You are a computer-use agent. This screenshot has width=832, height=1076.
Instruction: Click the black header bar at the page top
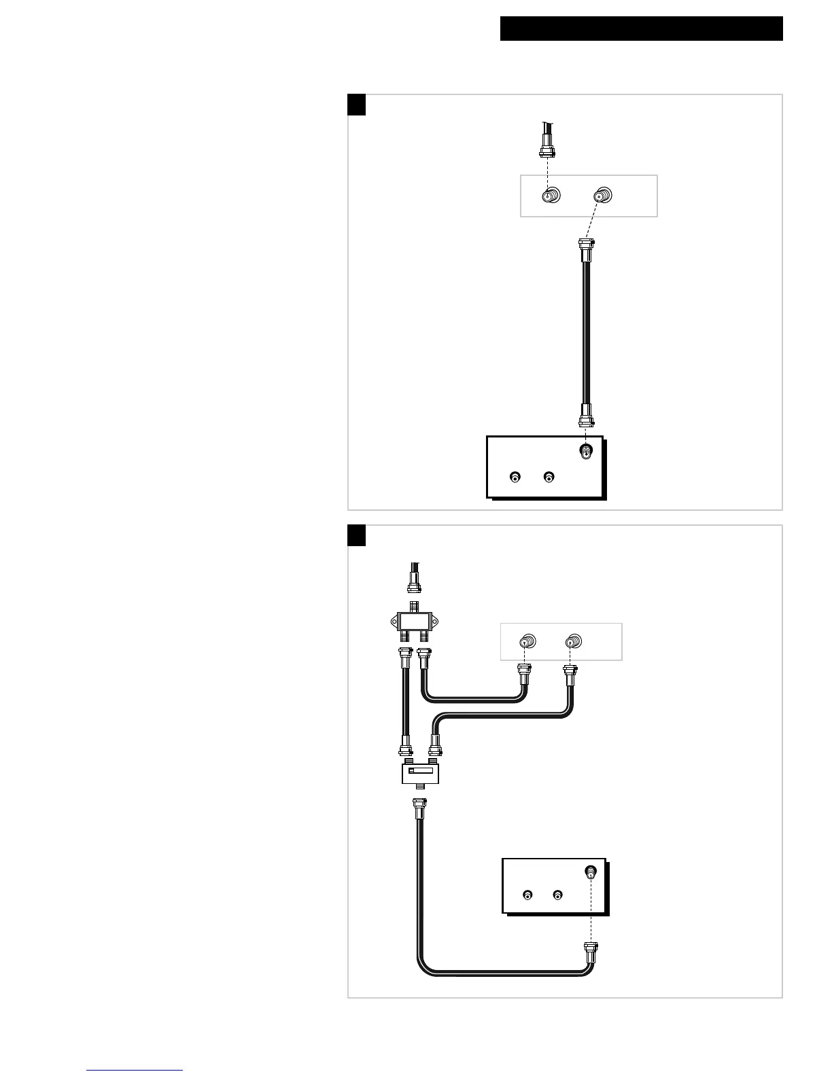click(x=641, y=29)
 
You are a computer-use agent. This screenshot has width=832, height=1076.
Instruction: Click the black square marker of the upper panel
click(x=357, y=105)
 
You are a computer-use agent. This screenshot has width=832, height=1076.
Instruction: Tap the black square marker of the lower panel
click(x=357, y=535)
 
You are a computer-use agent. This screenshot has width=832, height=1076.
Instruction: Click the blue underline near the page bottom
click(x=135, y=1071)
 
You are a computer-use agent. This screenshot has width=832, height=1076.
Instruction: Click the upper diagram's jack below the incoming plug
click(x=549, y=196)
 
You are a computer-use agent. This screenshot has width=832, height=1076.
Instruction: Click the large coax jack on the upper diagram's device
click(x=585, y=451)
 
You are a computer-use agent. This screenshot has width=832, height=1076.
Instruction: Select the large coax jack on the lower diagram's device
click(x=591, y=872)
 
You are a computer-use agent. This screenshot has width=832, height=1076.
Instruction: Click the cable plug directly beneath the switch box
click(x=417, y=810)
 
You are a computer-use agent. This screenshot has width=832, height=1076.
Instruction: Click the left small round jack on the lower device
click(x=527, y=895)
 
